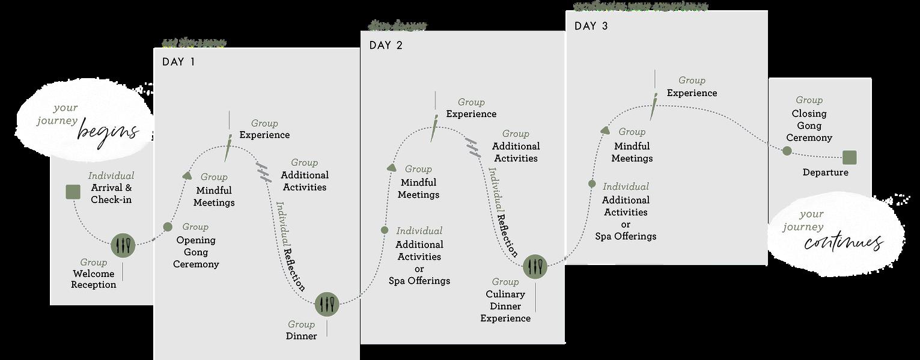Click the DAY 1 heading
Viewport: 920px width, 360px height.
tap(178, 62)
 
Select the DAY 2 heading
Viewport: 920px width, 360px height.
tap(386, 46)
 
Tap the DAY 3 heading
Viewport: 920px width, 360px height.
tap(591, 26)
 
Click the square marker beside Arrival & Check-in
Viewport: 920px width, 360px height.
tap(73, 192)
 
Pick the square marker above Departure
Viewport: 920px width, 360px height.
tap(849, 157)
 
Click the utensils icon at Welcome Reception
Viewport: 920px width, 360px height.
tap(123, 245)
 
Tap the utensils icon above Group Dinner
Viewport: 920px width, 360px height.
tap(327, 304)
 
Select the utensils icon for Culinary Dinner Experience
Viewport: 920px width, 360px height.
tap(535, 266)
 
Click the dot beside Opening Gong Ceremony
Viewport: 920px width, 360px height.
tap(168, 227)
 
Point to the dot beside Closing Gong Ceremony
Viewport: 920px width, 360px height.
tap(787, 150)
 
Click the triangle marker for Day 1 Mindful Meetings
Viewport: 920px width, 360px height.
tap(187, 175)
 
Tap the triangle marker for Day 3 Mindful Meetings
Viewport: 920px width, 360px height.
tap(606, 130)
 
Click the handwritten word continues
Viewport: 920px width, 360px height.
tap(843, 243)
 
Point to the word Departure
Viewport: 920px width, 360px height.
tap(825, 172)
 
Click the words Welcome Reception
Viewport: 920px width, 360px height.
tap(94, 279)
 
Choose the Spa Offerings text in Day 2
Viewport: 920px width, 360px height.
tap(419, 281)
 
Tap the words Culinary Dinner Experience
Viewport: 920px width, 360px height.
tap(505, 306)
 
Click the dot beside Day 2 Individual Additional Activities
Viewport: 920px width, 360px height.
tap(385, 230)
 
